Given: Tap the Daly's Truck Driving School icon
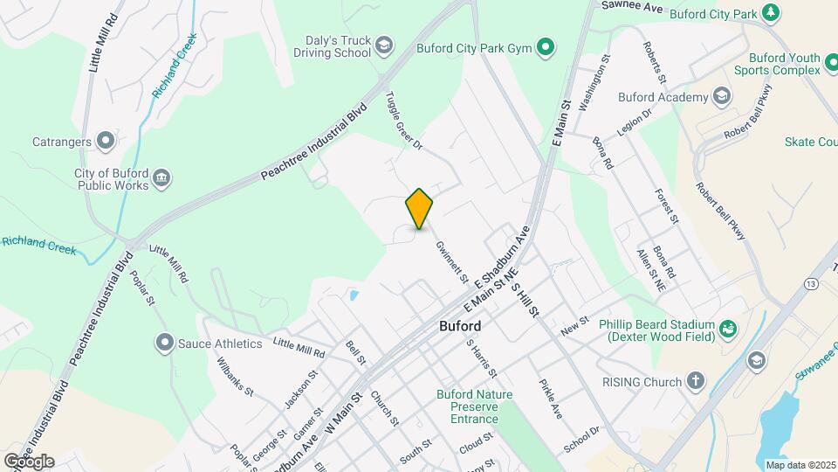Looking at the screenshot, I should point(384,45).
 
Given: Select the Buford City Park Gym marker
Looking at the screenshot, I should point(546,47).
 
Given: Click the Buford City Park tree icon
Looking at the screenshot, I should point(770,12).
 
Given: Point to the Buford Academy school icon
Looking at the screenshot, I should point(721,96).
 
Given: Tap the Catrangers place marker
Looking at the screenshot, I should point(106,140).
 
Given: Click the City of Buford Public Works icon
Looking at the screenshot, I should point(161,179).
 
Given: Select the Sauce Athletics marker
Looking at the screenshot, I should point(164,344).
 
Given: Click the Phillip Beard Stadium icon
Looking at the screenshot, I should point(727,330).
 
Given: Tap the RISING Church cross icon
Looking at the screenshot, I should point(695,382).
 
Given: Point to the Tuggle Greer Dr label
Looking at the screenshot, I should point(404,121).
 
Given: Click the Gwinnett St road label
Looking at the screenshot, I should point(452,262).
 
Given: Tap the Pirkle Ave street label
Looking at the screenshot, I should point(551,399).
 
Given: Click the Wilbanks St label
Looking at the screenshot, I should point(235,376).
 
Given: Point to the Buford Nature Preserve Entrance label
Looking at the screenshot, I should point(474,406).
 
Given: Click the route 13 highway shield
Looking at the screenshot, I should point(813,284).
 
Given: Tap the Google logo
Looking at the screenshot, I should point(29,462).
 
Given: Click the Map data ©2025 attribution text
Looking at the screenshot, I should point(800,464).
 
